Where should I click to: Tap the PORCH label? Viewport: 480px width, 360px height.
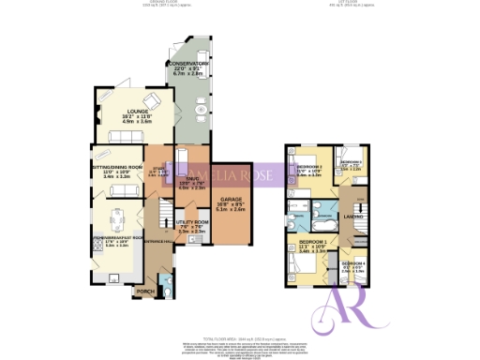(145, 292)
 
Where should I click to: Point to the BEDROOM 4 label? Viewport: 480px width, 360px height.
(352, 264)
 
